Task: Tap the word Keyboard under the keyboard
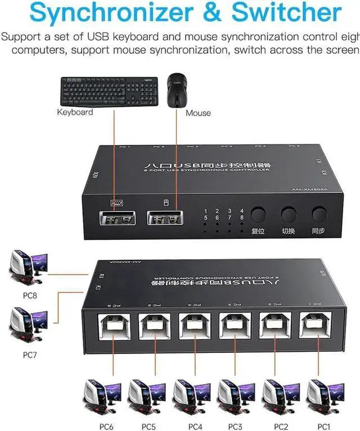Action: [x=75, y=112]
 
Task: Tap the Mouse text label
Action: [x=198, y=113]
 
